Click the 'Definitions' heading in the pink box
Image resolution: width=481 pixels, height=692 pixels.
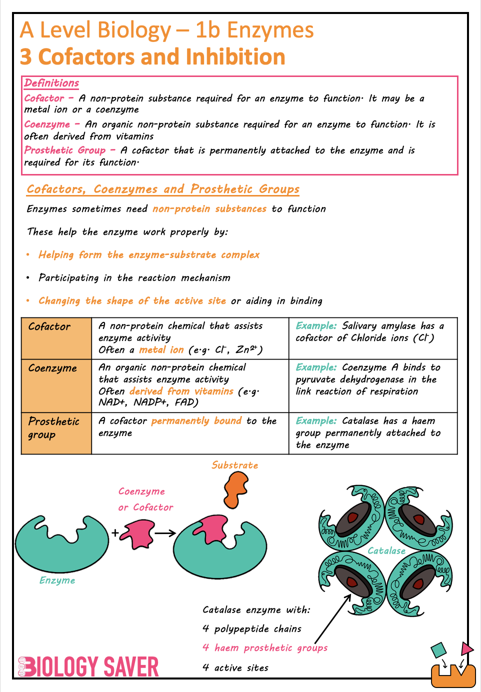click(x=51, y=83)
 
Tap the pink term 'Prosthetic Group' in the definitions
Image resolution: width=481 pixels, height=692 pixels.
click(x=64, y=150)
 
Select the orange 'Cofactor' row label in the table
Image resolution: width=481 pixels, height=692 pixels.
click(x=49, y=326)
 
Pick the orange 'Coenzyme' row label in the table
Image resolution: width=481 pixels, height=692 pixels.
click(x=52, y=368)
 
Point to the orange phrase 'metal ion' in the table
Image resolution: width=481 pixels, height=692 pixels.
click(x=161, y=350)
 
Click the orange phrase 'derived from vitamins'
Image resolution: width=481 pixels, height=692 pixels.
click(x=181, y=391)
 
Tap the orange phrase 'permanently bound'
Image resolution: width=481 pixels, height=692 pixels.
click(x=196, y=420)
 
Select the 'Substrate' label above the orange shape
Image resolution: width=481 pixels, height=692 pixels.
click(x=234, y=465)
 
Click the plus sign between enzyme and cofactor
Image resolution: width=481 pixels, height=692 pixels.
click(x=115, y=533)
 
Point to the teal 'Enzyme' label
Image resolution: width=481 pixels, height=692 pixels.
click(x=57, y=580)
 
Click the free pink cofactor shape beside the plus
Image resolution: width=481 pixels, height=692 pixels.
click(x=137, y=533)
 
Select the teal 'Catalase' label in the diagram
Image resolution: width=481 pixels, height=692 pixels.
click(x=386, y=550)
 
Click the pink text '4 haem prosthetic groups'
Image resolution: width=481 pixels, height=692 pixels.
click(x=265, y=647)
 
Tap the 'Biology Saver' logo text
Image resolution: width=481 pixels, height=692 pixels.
click(x=88, y=667)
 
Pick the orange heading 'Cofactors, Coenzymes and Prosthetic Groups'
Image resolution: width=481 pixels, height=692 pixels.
click(x=163, y=189)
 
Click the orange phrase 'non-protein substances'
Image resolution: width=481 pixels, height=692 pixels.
click(x=209, y=208)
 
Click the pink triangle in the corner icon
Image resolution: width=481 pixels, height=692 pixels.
click(x=466, y=648)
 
